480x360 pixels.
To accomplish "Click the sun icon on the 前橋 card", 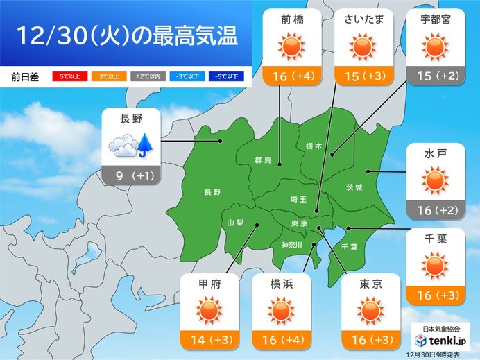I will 291,46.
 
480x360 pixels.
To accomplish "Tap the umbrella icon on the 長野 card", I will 144,144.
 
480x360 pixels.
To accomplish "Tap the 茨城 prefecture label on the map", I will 354,187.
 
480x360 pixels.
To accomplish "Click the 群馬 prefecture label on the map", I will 263,161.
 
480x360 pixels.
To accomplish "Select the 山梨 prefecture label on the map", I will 236,222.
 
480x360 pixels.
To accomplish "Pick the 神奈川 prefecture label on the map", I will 291,244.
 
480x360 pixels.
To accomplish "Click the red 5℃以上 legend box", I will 71,77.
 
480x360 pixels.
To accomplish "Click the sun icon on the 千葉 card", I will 435,266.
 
